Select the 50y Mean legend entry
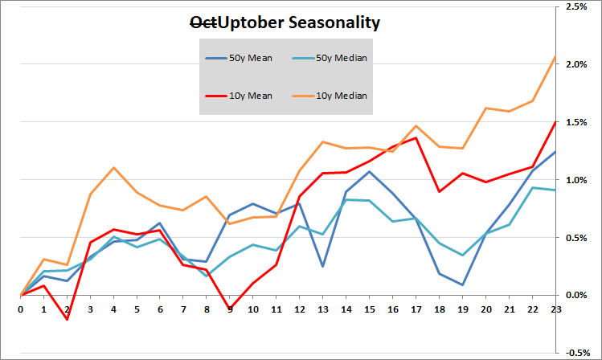tap(250, 59)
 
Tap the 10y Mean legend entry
tap(250, 96)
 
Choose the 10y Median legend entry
tap(338, 96)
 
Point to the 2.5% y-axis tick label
tap(577, 7)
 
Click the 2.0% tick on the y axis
tap(577, 64)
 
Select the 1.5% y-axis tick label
tap(577, 122)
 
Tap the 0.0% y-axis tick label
tap(577, 295)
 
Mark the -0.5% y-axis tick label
tap(576, 352)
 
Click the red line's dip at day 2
tap(68, 319)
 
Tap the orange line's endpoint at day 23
tap(555, 56)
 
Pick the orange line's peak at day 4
tap(114, 168)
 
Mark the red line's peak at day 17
tap(416, 137)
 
